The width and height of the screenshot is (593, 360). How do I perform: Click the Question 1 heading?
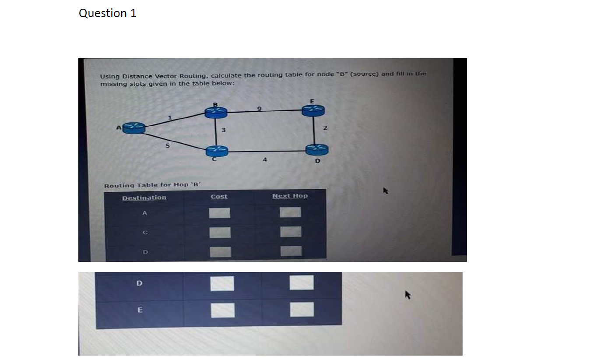click(108, 14)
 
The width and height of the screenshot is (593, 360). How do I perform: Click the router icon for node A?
click(134, 127)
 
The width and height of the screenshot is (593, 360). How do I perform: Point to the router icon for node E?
click(317, 109)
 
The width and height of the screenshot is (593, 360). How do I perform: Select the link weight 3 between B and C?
click(223, 130)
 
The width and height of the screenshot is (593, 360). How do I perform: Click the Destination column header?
click(144, 198)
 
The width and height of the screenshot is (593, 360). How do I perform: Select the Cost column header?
click(219, 196)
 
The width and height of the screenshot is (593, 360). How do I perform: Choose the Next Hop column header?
click(290, 196)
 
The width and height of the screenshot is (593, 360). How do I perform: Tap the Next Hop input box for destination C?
click(291, 232)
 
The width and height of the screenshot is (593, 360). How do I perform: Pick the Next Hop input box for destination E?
click(302, 310)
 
